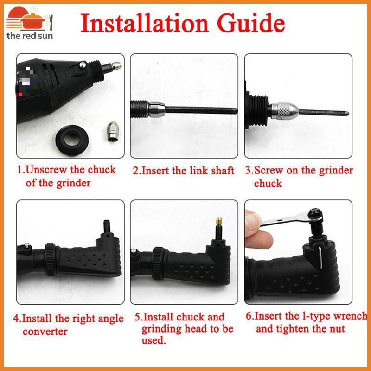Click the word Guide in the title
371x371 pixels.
(251, 23)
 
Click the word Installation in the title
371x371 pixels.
(145, 23)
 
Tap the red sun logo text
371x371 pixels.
(30, 36)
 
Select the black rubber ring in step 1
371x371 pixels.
(72, 140)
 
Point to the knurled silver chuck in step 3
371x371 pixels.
(285, 111)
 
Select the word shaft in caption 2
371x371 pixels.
(223, 171)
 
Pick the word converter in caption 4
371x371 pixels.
(45, 332)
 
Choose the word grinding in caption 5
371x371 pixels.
(161, 329)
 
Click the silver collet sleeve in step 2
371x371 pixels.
(157, 109)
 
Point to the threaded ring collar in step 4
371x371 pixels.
(51, 259)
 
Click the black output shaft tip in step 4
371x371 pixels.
(107, 226)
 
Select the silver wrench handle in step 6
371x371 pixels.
(284, 219)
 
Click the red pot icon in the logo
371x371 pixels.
(32, 21)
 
